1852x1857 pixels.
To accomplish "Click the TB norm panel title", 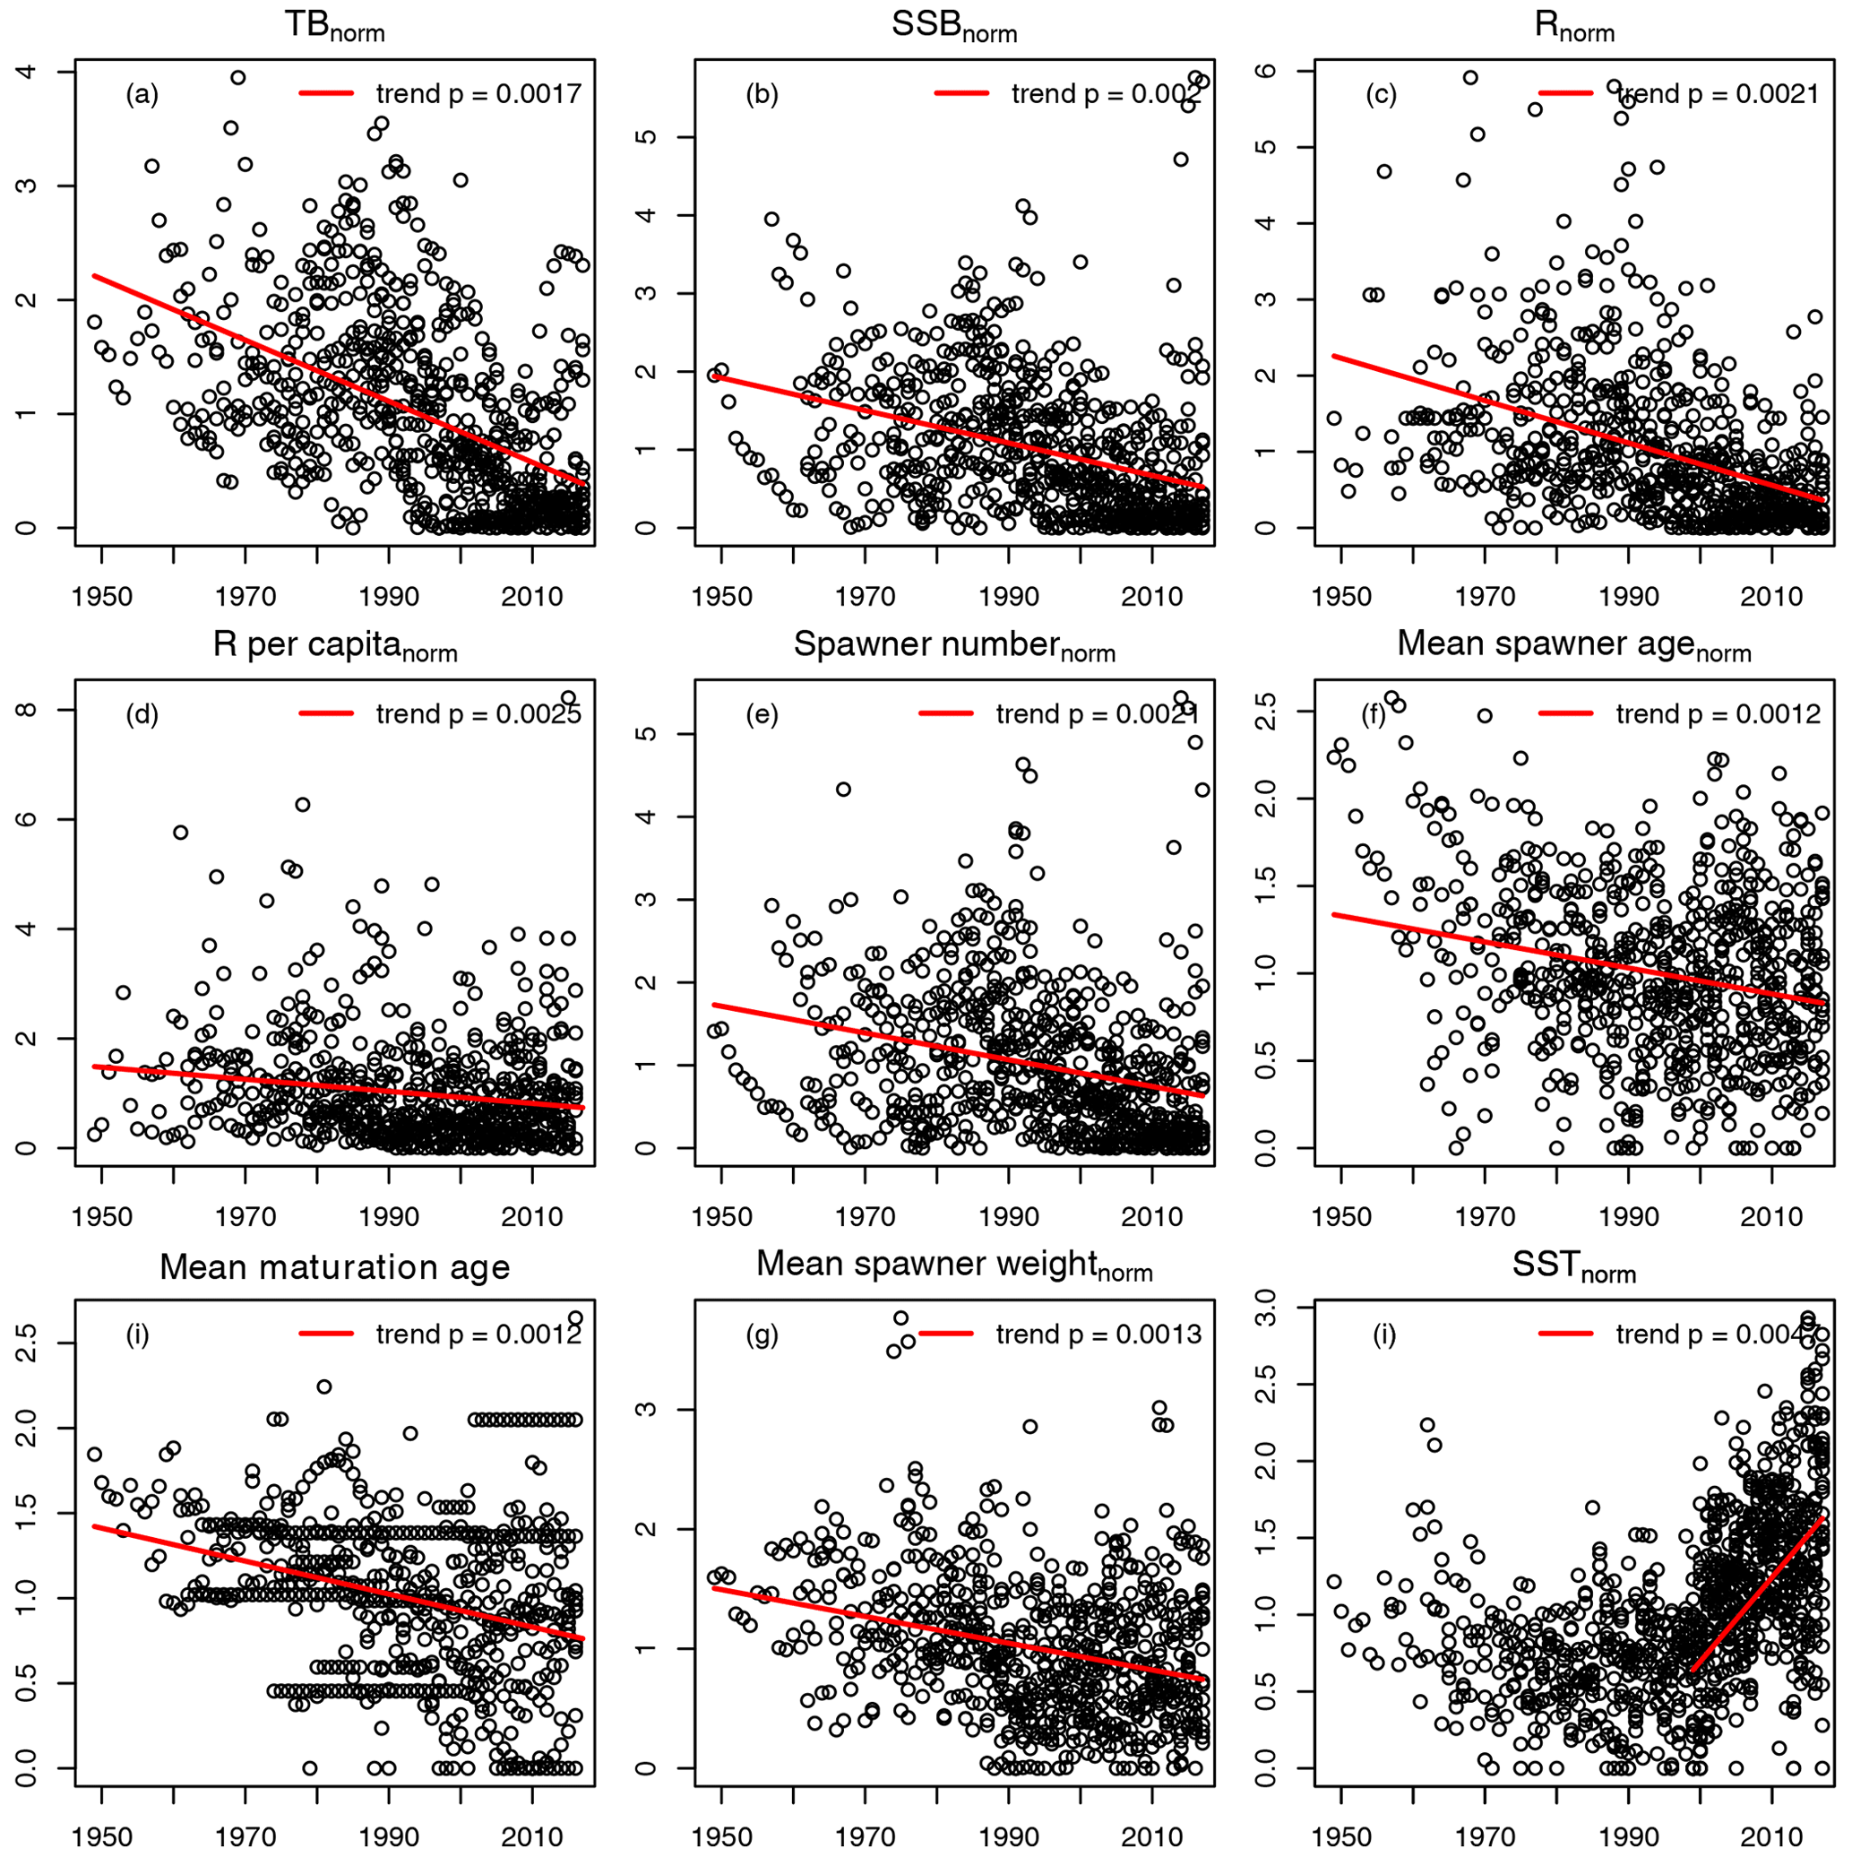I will pos(333,26).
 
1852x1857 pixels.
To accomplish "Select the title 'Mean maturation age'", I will pos(333,1267).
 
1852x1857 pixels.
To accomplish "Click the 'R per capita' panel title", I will pos(333,646).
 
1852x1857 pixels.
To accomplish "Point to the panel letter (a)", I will pos(142,94).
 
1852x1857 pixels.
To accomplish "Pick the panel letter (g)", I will pos(762,1334).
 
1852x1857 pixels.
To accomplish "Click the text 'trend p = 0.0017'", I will pos(478,94).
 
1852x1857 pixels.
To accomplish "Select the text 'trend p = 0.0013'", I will pos(1098,1334).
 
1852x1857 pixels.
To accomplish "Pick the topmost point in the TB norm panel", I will pos(237,77).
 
